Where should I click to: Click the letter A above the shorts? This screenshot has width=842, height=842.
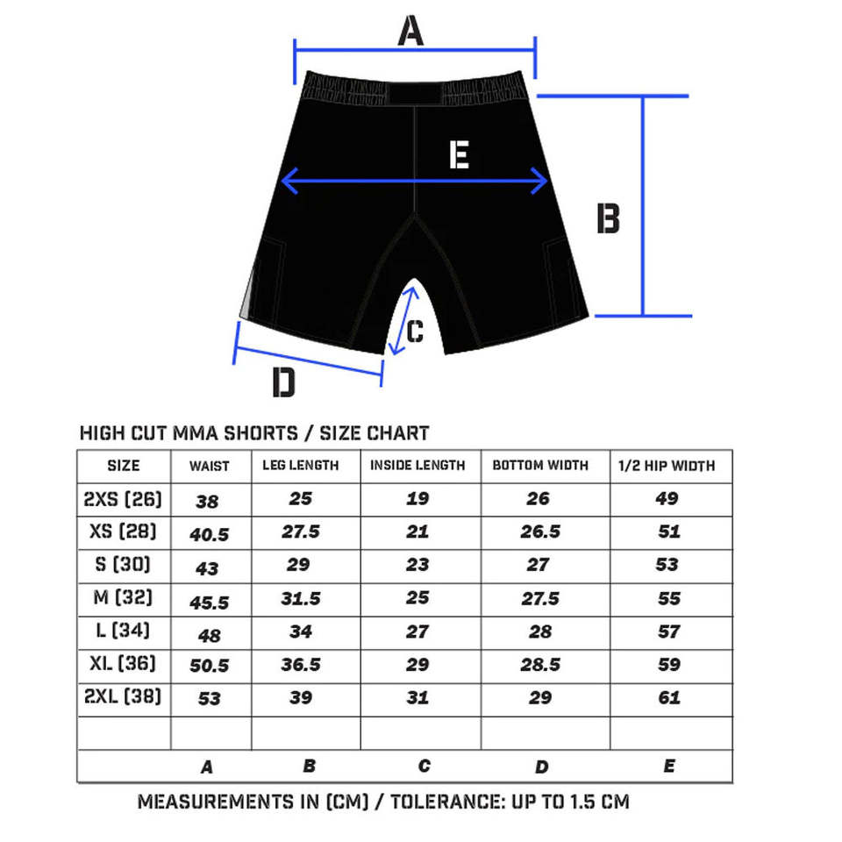click(410, 32)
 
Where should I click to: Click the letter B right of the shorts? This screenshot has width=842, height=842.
click(608, 218)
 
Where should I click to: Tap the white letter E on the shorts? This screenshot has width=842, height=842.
click(459, 155)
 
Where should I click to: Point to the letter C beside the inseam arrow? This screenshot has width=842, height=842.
click(416, 332)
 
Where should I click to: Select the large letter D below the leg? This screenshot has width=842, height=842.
click(283, 383)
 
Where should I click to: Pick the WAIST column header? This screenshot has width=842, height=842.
click(210, 467)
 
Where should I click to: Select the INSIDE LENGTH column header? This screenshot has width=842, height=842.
click(417, 465)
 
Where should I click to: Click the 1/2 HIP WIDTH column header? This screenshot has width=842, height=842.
click(667, 465)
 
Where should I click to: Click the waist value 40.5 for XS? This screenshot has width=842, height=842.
click(210, 534)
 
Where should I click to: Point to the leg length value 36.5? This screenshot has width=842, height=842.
click(301, 665)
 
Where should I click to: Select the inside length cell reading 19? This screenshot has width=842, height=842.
click(417, 498)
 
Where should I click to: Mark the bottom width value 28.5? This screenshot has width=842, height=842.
click(539, 665)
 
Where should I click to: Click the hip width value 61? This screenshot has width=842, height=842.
click(668, 698)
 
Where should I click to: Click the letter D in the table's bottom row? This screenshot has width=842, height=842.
click(541, 767)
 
